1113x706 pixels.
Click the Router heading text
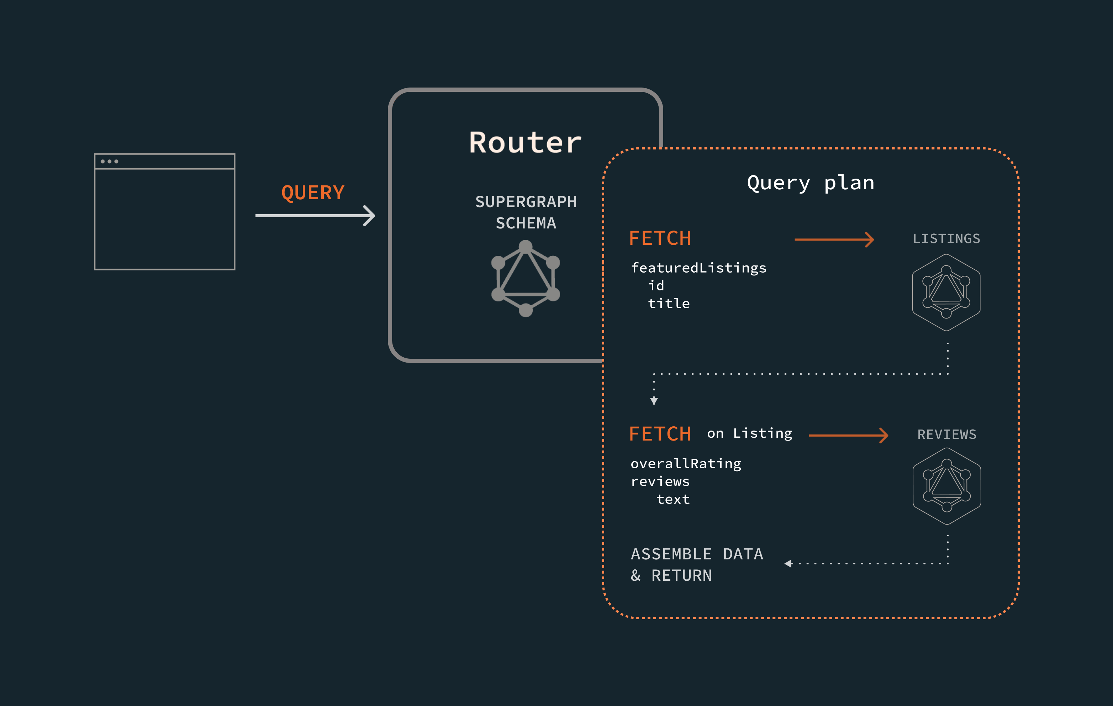[x=525, y=142]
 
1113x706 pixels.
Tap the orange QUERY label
[x=313, y=193]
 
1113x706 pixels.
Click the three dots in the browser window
[x=110, y=161]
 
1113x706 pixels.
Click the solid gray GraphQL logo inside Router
[x=526, y=278]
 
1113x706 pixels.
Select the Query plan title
[x=810, y=183]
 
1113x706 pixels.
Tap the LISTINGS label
[x=946, y=238]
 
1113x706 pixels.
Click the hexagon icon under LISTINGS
[x=946, y=292]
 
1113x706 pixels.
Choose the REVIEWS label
[x=946, y=434]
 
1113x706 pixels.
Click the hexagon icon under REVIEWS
[x=946, y=486]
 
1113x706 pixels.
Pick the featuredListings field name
[x=698, y=268]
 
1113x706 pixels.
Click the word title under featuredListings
[x=668, y=304]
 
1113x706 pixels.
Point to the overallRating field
[x=685, y=464]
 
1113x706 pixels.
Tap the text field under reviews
[x=673, y=499]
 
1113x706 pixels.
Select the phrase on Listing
[x=749, y=434]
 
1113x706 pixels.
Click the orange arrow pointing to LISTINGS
[x=834, y=239]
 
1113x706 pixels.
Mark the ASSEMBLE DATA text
[x=697, y=554]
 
